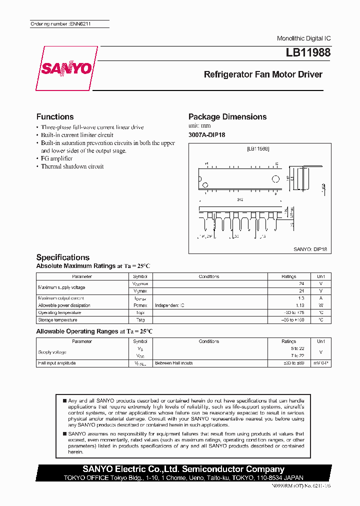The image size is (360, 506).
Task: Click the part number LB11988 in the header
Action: tap(308, 52)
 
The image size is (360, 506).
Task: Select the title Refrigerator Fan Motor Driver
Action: tap(263, 74)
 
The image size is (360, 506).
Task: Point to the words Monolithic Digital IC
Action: tap(303, 38)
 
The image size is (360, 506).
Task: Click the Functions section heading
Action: tap(55, 116)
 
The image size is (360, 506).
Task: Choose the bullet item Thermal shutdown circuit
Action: tap(72, 166)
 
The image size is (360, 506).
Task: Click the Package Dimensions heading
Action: tap(227, 116)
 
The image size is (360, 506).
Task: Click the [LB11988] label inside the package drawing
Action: tap(258, 149)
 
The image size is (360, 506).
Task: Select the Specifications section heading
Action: tap(63, 257)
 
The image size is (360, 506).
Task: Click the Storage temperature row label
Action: tap(57, 320)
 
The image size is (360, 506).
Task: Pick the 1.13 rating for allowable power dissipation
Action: tap(300, 305)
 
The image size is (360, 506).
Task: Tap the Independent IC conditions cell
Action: tap(169, 305)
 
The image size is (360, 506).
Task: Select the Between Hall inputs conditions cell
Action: tap(173, 363)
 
